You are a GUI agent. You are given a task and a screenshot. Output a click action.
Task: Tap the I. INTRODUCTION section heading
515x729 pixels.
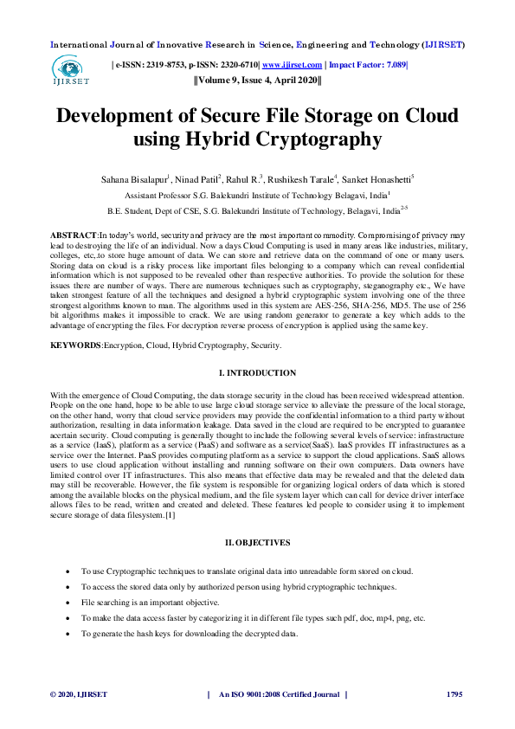[x=257, y=372]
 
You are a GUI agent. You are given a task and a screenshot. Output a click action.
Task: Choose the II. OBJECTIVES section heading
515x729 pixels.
[x=257, y=542]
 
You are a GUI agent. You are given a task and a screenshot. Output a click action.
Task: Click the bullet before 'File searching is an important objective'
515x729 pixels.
[x=68, y=603]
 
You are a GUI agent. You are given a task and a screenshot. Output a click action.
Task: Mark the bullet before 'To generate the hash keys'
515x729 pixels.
[x=68, y=634]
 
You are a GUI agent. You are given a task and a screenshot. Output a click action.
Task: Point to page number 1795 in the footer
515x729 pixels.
[x=454, y=695]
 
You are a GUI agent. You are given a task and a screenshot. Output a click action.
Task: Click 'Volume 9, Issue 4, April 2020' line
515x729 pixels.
[x=257, y=81]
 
